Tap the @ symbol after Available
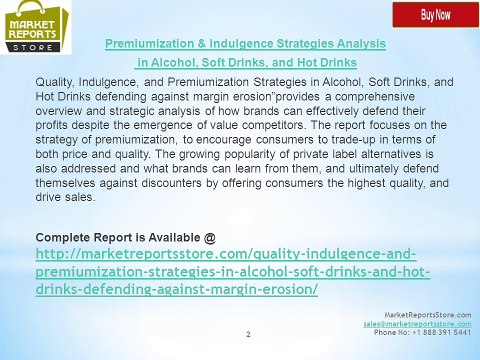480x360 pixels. click(208, 237)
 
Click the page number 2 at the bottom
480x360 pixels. click(247, 334)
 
